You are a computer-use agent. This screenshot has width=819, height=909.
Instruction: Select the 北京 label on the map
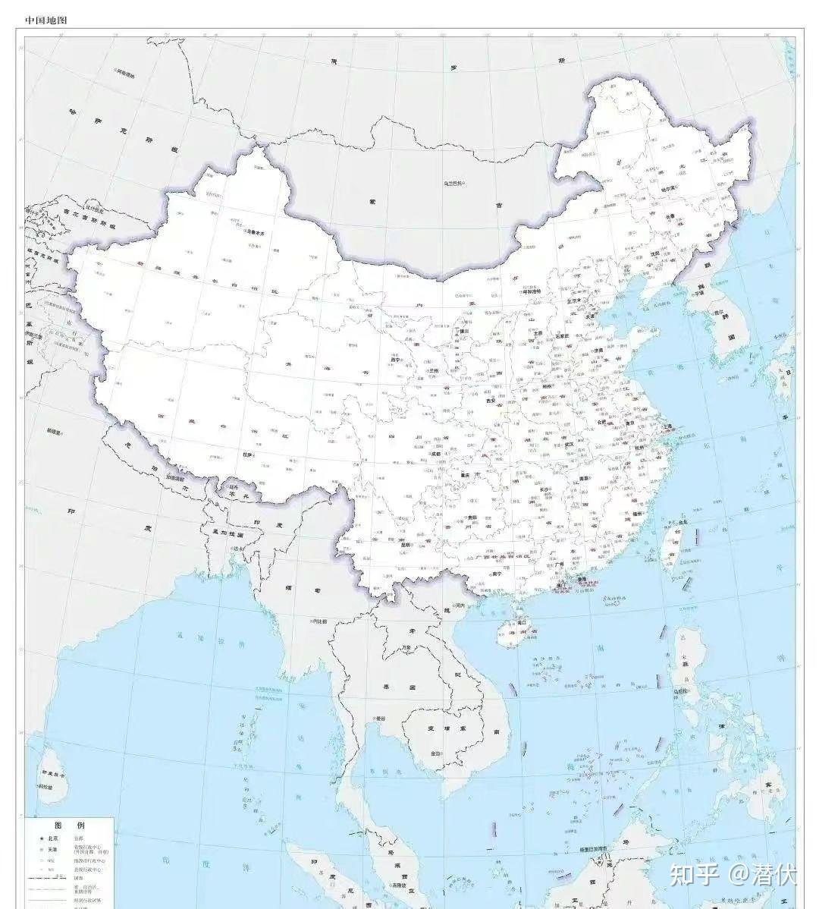[x=584, y=300]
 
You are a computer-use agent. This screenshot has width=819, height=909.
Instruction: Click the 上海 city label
[x=669, y=427]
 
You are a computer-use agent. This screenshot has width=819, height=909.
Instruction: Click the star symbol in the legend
[x=34, y=838]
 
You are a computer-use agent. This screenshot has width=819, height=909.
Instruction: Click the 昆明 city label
[x=405, y=544]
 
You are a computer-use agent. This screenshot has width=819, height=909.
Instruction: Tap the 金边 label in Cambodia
[x=435, y=754]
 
